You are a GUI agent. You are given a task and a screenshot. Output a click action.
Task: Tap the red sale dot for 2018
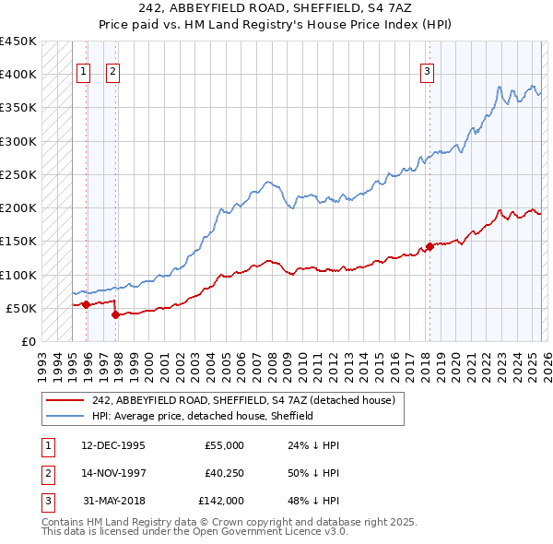[x=429, y=246]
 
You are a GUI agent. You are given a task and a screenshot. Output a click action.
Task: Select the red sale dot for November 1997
[x=115, y=314]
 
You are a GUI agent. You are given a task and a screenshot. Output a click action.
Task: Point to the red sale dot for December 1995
[x=86, y=304]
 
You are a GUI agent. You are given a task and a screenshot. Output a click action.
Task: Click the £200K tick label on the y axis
[x=18, y=208]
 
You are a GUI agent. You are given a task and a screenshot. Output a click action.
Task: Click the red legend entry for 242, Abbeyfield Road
[x=243, y=400]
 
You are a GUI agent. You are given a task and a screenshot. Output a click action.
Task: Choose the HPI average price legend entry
[x=203, y=416]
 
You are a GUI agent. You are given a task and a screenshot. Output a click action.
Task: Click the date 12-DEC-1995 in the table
[x=112, y=444]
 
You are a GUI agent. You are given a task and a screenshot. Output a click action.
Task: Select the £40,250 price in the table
[x=224, y=473]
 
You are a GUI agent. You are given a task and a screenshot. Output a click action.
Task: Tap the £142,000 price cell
[x=220, y=502]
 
